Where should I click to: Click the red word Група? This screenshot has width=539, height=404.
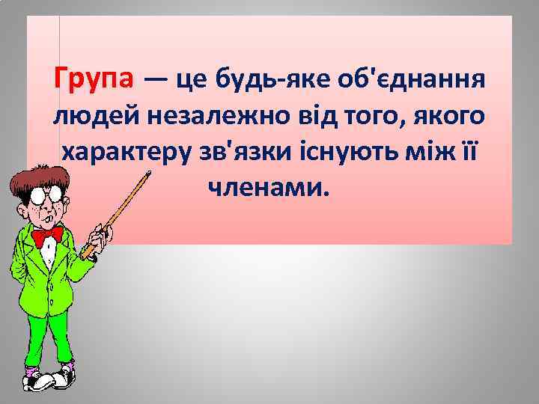[94, 78]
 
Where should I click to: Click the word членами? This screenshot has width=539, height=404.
[268, 189]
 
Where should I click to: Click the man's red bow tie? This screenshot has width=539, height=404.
[47, 235]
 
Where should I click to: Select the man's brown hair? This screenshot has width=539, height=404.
[34, 168]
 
